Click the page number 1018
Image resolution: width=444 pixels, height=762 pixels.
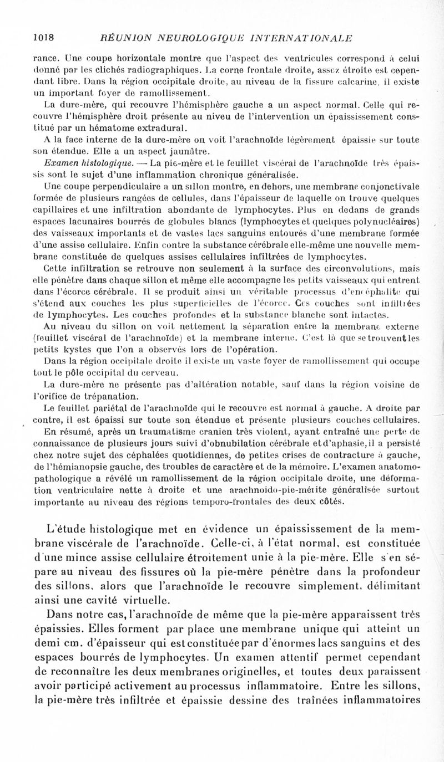click(x=43, y=38)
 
